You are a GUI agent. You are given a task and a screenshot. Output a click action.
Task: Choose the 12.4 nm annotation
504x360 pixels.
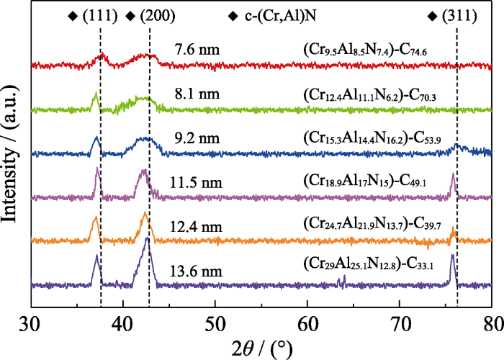pos(198,228)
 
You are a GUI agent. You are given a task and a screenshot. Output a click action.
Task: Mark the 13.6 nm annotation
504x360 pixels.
pos(198,272)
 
